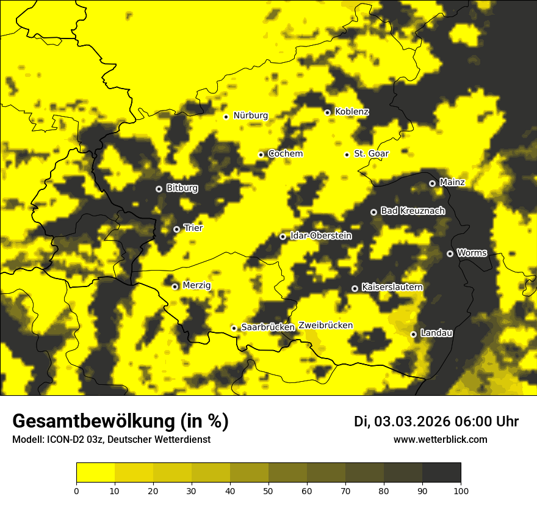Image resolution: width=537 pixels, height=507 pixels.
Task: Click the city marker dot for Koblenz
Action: click(328, 112)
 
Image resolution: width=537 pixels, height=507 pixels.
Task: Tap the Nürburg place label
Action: click(250, 115)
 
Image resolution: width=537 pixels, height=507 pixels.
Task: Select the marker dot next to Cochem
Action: click(261, 155)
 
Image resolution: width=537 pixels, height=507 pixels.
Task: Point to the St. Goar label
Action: click(371, 153)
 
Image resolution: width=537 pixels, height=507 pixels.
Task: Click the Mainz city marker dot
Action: click(432, 183)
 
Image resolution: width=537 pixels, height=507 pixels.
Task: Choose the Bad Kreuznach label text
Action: click(413, 211)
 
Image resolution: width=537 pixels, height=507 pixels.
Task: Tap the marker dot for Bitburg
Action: click(159, 189)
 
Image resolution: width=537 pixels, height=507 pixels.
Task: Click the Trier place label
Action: click(193, 228)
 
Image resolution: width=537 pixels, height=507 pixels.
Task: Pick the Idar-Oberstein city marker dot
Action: click(283, 236)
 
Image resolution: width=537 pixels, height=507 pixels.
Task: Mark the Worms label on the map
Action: click(472, 252)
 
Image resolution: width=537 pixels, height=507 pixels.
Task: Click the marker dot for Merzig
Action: click(175, 286)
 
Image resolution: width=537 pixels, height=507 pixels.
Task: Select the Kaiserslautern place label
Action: click(392, 286)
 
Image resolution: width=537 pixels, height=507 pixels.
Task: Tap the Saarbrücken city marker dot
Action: click(234, 328)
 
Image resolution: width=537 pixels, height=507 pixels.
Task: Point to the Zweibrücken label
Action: click(325, 325)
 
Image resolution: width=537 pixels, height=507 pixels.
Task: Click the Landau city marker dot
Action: click(414, 334)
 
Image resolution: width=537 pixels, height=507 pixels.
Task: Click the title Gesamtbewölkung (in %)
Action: click(120, 421)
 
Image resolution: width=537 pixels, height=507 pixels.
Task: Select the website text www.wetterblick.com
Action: click(440, 439)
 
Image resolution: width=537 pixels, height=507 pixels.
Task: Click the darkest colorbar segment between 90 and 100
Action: click(441, 472)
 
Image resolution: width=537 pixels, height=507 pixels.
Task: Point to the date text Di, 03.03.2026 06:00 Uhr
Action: click(436, 421)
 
